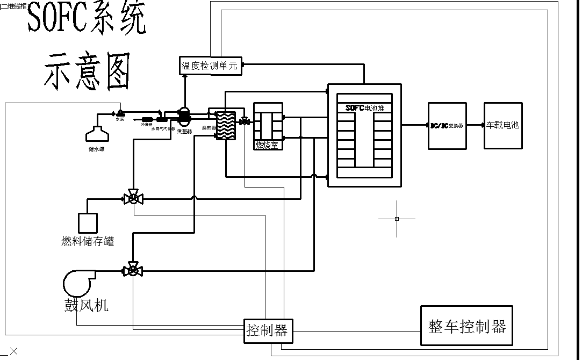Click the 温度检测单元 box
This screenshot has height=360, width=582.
click(x=210, y=66)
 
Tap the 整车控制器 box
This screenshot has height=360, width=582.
click(x=466, y=326)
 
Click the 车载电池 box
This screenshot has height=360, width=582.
click(x=502, y=125)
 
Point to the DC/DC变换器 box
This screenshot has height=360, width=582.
click(x=447, y=125)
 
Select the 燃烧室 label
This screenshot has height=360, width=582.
click(x=267, y=145)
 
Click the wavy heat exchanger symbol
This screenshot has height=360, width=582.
click(x=226, y=126)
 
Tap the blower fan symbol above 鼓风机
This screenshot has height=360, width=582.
click(x=78, y=282)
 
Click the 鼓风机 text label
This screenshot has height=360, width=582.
click(x=87, y=305)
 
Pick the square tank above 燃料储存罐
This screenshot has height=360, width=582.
click(x=88, y=222)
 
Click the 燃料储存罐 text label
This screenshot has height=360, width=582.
click(x=88, y=241)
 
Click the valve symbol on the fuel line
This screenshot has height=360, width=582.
click(x=132, y=198)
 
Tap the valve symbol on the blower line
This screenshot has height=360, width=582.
click(x=132, y=271)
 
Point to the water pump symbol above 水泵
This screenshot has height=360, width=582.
click(x=120, y=113)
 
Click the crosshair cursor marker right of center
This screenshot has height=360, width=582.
click(x=397, y=219)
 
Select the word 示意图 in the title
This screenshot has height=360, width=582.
click(x=87, y=71)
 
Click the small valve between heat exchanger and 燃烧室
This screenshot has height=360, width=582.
click(x=245, y=122)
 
